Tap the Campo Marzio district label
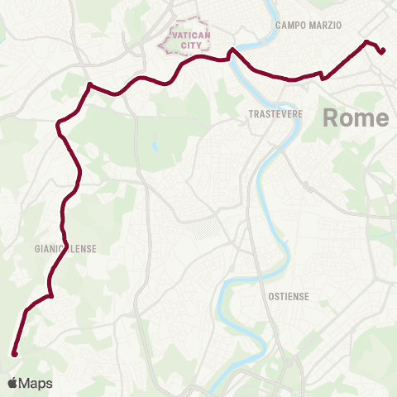pyautogui.click(x=308, y=26)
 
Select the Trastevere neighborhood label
pyautogui.click(x=272, y=114)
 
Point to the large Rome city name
pyautogui.click(x=355, y=117)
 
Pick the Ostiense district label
pyautogui.click(x=289, y=295)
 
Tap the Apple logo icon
pyautogui.click(x=12, y=383)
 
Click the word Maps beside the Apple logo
pyautogui.click(x=36, y=383)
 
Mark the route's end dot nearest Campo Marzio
pyautogui.click(x=383, y=52)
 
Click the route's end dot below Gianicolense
pyautogui.click(x=14, y=354)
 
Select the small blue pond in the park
pyautogui.click(x=154, y=146)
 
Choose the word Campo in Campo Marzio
pyautogui.click(x=290, y=26)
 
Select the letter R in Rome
pyautogui.click(x=330, y=117)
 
